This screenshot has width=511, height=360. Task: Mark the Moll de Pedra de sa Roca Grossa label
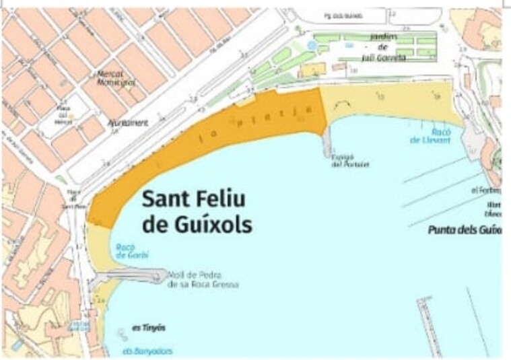click(x=203, y=279)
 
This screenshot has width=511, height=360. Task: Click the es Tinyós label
click(x=148, y=328)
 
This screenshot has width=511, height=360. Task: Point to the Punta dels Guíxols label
click(x=465, y=230)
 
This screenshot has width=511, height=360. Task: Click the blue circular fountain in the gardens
click(x=310, y=44)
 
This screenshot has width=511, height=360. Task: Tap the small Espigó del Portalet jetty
click(x=327, y=141)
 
